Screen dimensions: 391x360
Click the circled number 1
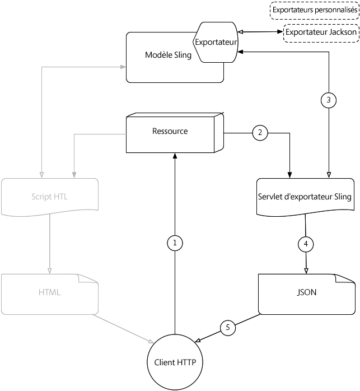point(175,243)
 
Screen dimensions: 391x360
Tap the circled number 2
point(259,133)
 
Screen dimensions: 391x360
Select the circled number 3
point(329,100)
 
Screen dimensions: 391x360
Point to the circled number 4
point(305,244)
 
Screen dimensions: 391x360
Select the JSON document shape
point(306,292)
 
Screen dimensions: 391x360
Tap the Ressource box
point(173,133)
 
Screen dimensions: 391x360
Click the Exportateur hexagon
point(216,41)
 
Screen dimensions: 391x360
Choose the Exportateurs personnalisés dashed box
point(314,10)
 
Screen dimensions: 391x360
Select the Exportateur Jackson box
point(320,32)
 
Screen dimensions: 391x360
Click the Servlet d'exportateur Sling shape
point(305,197)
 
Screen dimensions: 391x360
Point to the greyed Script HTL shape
point(49,197)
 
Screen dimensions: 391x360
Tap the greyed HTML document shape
point(49,292)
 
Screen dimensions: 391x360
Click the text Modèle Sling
point(168,55)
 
